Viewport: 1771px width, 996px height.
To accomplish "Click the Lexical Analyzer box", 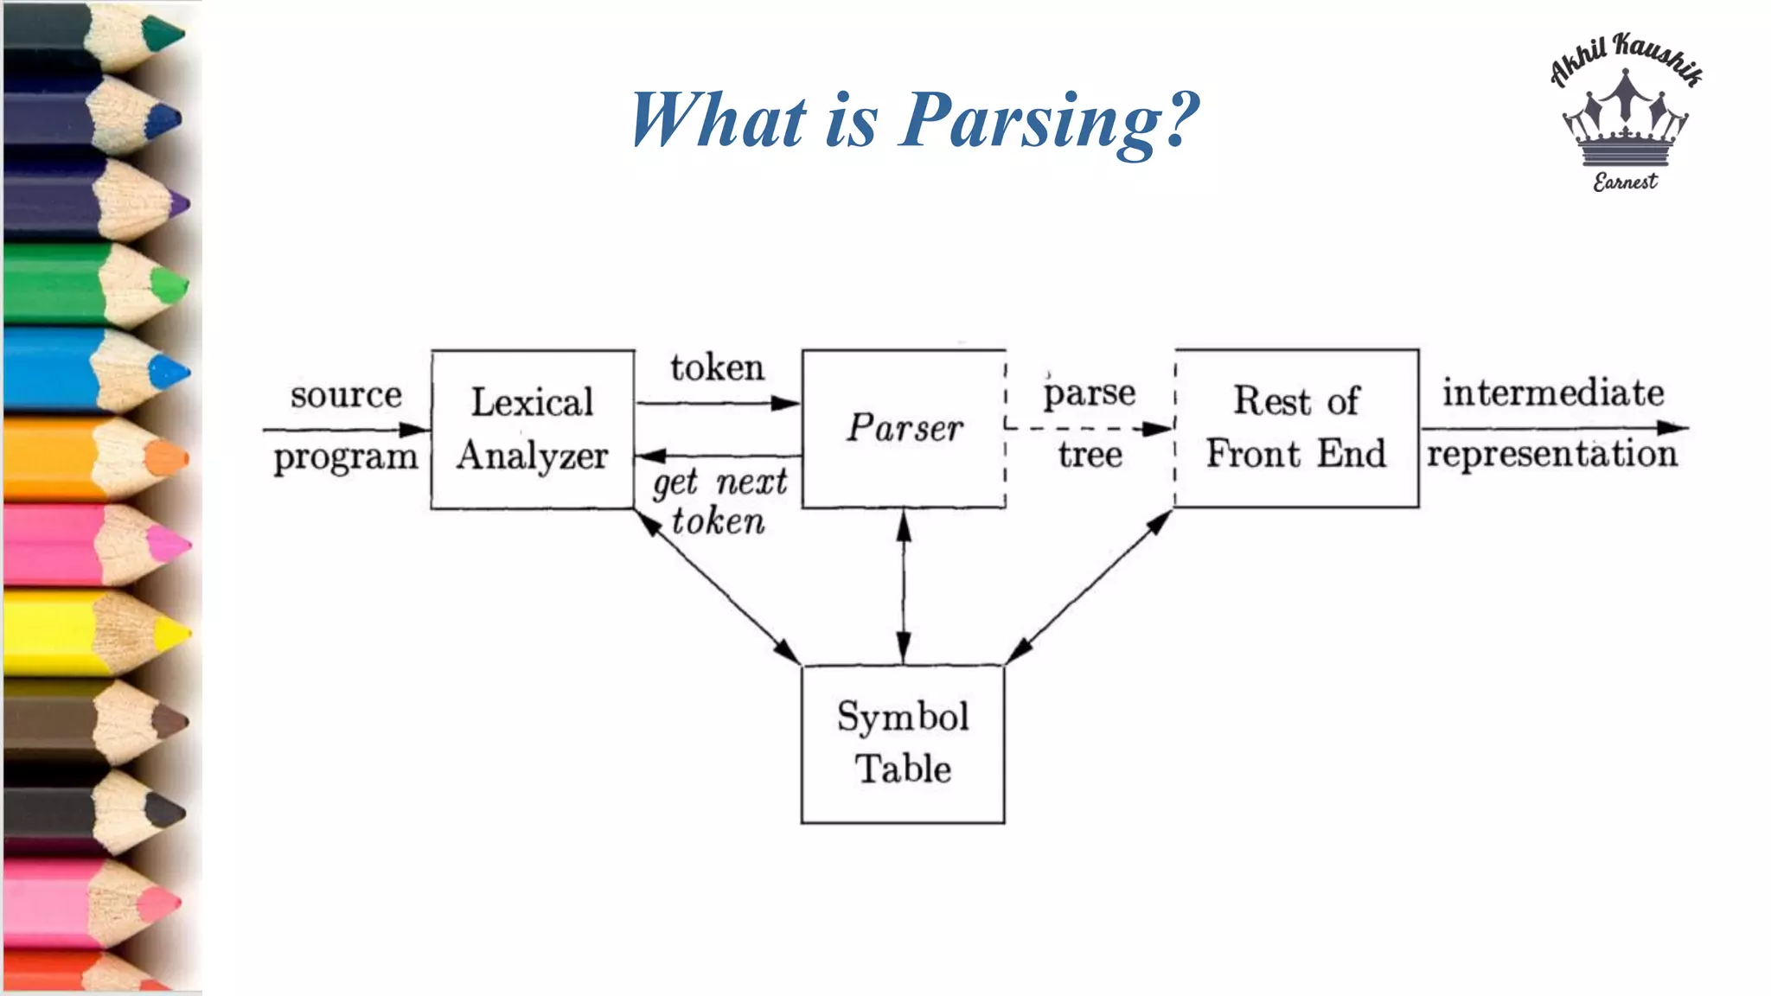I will point(532,429).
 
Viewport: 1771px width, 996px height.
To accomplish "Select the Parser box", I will point(904,428).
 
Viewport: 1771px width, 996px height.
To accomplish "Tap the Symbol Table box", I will point(903,744).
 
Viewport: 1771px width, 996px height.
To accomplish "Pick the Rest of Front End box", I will point(1295,428).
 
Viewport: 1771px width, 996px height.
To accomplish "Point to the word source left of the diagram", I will point(346,396).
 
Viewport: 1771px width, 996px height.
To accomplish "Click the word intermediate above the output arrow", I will point(1552,393).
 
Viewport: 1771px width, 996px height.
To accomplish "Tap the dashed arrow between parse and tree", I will point(1090,428).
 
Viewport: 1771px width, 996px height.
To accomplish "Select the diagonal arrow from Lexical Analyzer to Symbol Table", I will point(718,587).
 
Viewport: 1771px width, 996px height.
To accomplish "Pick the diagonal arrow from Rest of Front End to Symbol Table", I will point(1090,587).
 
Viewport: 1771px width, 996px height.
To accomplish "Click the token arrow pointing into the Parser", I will point(718,403).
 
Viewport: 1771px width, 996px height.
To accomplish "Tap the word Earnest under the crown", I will point(1625,182).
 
